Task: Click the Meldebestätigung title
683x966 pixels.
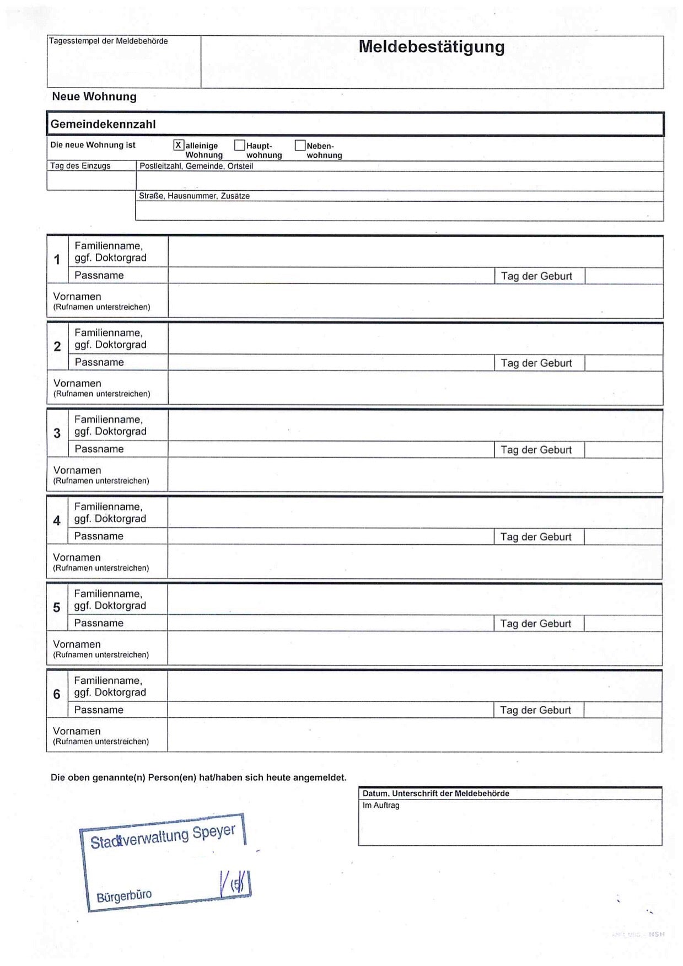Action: point(431,47)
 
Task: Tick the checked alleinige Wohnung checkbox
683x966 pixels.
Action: point(179,145)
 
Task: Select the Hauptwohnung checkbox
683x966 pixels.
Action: point(239,145)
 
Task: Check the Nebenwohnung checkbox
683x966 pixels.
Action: point(300,145)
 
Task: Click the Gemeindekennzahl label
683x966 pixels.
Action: point(103,125)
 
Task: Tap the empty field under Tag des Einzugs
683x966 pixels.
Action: point(91,181)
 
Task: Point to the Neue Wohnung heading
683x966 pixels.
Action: point(94,96)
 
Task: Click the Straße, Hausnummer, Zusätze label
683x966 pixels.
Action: point(194,196)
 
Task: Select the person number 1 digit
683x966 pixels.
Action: point(57,259)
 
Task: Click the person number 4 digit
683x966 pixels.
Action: point(57,520)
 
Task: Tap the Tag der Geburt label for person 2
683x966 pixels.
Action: point(536,363)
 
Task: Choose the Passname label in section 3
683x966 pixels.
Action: point(99,449)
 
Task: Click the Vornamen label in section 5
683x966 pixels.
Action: point(77,644)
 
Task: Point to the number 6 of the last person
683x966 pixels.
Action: point(57,694)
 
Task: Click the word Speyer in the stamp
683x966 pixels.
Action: point(214,832)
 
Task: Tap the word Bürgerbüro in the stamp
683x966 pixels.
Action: point(124,896)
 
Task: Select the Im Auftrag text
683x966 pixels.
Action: point(381,805)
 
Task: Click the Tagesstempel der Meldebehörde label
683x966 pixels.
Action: point(109,41)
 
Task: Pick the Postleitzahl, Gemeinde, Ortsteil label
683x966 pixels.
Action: point(196,166)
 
